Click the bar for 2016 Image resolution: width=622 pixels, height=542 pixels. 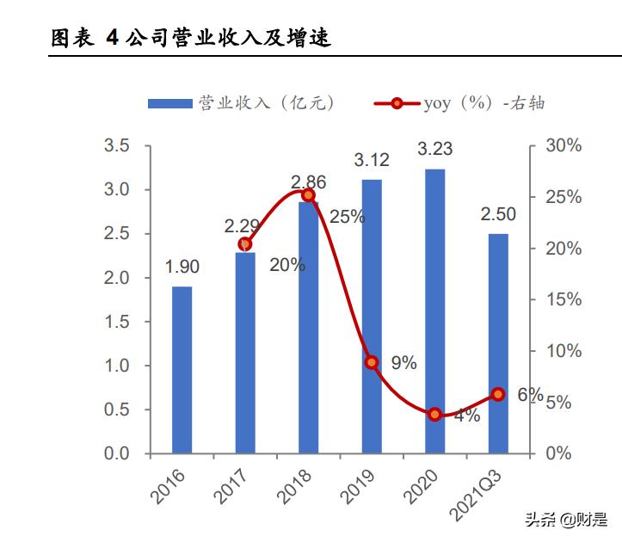click(x=182, y=370)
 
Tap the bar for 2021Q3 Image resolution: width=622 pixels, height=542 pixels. click(x=498, y=343)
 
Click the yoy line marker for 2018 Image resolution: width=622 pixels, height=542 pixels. click(x=309, y=195)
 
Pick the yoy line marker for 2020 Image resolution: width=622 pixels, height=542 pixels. click(x=435, y=414)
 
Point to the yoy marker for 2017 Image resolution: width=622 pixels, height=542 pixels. click(x=245, y=244)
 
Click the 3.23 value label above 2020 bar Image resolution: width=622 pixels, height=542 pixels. click(x=434, y=150)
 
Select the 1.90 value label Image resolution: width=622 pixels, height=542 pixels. click(x=182, y=268)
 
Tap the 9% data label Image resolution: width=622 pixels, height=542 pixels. click(x=403, y=363)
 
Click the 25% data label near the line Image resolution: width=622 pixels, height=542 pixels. click(x=347, y=217)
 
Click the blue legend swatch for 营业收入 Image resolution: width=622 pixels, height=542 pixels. click(x=169, y=103)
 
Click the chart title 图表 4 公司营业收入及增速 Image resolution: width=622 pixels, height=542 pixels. click(x=190, y=39)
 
